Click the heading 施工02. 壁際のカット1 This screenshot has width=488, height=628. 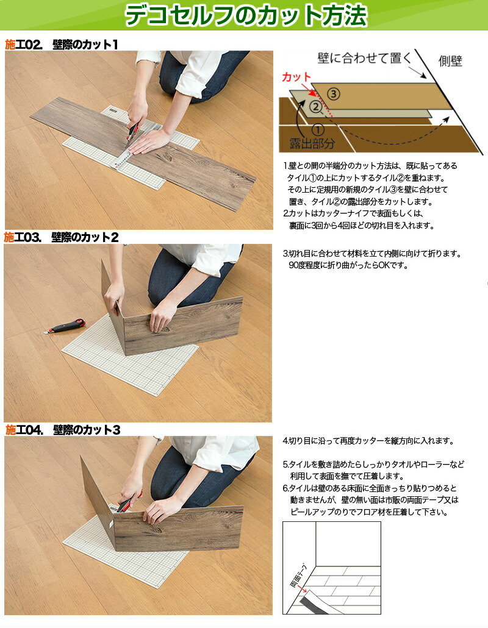[61, 45]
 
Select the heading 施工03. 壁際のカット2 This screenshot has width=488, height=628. [61, 237]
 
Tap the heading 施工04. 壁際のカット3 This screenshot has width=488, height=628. [61, 430]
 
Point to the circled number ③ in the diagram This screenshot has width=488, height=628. [332, 94]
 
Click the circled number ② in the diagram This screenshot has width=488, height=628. [315, 107]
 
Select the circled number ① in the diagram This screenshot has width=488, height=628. [317, 129]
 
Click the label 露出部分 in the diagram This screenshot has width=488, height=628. [312, 145]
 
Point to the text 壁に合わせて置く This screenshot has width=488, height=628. [361, 59]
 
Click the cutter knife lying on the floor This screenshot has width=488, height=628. [65, 326]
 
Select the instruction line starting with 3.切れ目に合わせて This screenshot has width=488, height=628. [372, 254]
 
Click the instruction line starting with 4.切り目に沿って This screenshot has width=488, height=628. [369, 441]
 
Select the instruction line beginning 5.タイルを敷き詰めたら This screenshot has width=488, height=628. [373, 464]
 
